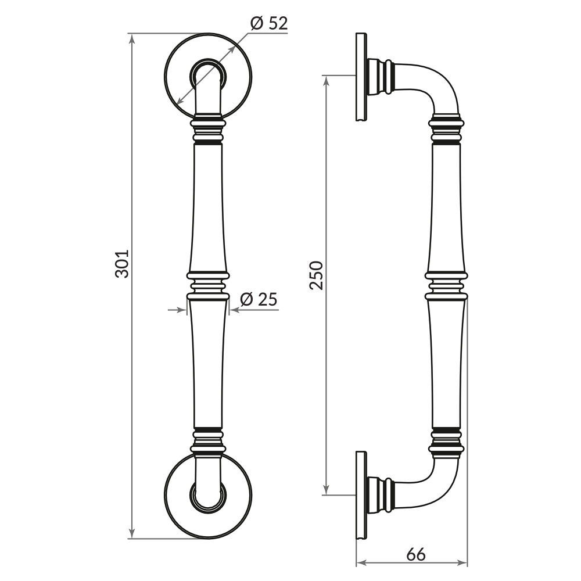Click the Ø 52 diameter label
click(269, 24)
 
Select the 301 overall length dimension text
click(121, 264)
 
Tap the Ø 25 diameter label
click(259, 300)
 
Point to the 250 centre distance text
click(316, 275)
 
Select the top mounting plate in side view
click(361, 77)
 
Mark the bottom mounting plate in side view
click(361, 495)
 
